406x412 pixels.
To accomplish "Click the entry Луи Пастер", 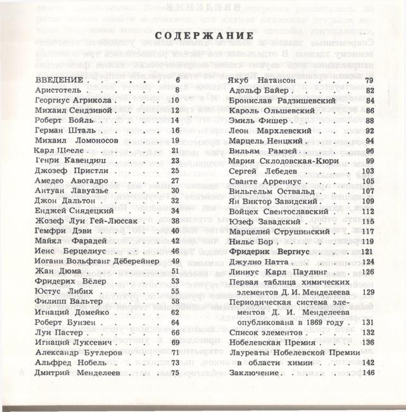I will pyautogui.click(x=56, y=332).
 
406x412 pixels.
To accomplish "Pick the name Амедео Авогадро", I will pyautogui.click(x=68, y=181).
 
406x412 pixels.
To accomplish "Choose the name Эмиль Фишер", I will pyautogui.click(x=255, y=120).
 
